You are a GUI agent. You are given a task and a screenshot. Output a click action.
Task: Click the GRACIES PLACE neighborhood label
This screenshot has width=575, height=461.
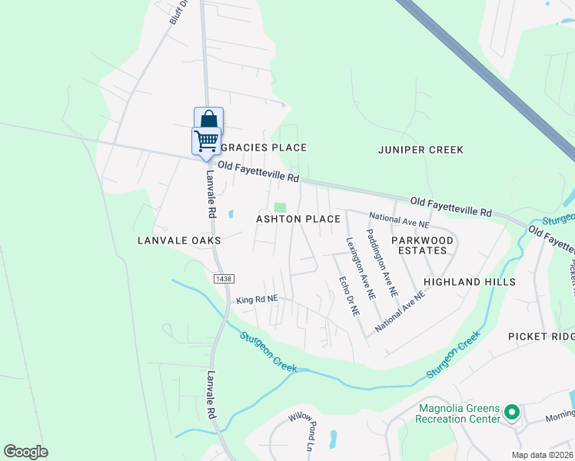(x=264, y=148)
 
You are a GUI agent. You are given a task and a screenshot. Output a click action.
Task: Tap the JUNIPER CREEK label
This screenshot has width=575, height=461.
(x=420, y=150)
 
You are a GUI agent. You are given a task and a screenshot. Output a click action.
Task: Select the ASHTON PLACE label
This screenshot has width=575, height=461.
(x=298, y=220)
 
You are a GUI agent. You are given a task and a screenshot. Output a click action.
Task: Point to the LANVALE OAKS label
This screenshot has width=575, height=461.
(x=179, y=240)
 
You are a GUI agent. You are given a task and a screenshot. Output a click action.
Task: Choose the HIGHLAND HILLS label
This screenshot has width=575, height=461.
(x=469, y=283)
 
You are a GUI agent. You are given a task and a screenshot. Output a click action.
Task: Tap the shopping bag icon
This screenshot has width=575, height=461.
(x=208, y=121)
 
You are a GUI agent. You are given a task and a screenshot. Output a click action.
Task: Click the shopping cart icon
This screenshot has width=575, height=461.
(x=206, y=141)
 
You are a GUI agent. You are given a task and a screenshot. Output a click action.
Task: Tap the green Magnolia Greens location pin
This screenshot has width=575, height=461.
(x=511, y=414)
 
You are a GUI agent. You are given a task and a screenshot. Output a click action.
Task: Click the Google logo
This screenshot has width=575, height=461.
(x=25, y=452)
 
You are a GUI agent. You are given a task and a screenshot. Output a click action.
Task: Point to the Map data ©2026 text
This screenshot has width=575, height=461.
(x=542, y=455)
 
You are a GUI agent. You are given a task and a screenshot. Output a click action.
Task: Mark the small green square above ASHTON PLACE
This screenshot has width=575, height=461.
(x=280, y=207)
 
